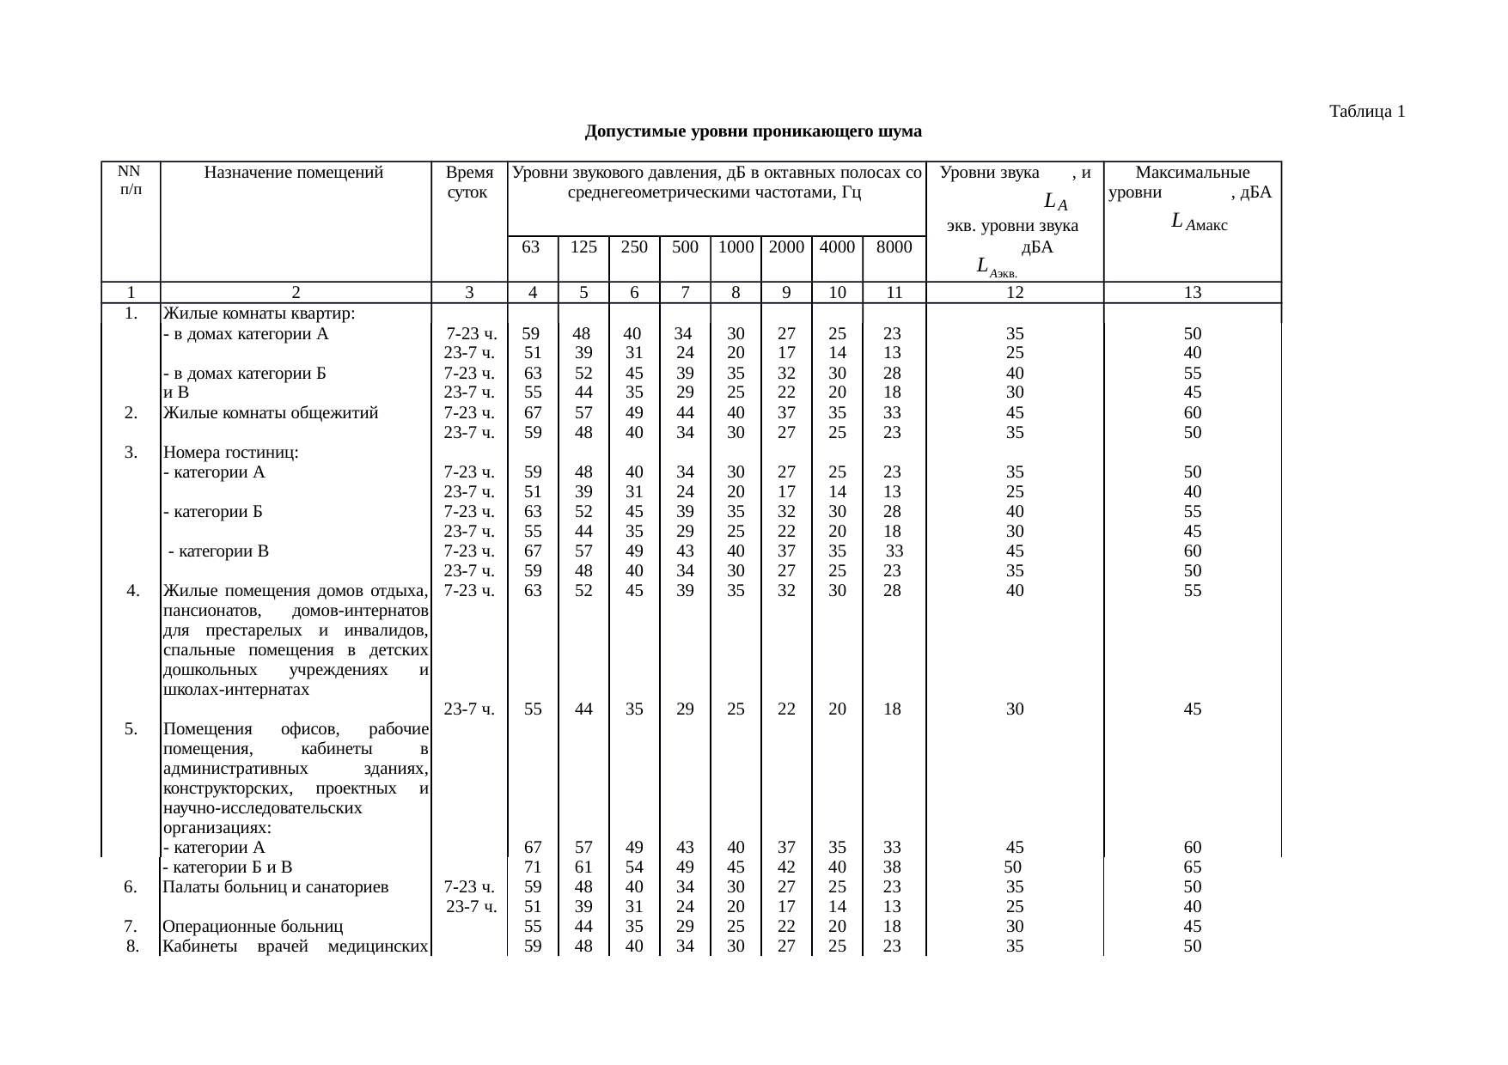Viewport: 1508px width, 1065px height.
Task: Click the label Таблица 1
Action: (x=1366, y=112)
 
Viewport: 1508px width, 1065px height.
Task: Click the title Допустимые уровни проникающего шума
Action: (x=753, y=131)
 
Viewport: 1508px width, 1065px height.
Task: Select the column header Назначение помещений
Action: (x=294, y=173)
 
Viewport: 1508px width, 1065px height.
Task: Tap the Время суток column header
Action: (x=469, y=182)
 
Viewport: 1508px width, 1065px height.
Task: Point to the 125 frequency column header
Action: (x=583, y=247)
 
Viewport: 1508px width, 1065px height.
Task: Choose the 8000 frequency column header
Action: (x=894, y=247)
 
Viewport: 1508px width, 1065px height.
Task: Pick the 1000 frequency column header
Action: (x=736, y=247)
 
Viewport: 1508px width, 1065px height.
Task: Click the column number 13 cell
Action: (x=1192, y=293)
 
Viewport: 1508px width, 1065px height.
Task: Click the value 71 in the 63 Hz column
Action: (x=533, y=867)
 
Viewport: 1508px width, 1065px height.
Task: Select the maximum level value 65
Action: (x=1192, y=867)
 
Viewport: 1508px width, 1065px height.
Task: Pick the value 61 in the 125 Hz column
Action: (x=583, y=867)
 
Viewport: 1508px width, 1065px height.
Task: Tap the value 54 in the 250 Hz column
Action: (x=634, y=867)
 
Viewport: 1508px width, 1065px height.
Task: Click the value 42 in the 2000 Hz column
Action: (x=786, y=867)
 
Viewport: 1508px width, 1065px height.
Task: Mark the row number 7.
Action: (x=131, y=927)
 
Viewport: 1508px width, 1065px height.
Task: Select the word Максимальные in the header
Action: (x=1192, y=173)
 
